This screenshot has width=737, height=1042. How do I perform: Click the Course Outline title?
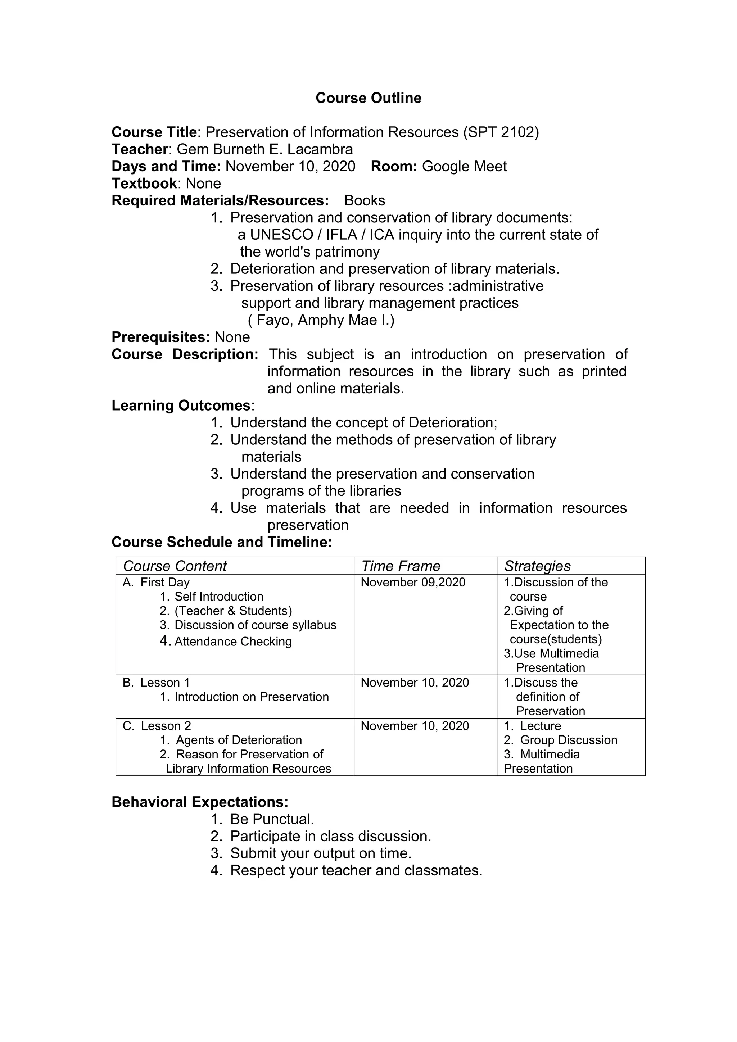click(368, 98)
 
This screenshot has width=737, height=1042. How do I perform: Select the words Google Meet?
click(464, 167)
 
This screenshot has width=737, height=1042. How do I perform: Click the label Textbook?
click(144, 184)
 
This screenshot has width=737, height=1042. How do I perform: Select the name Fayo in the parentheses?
click(275, 320)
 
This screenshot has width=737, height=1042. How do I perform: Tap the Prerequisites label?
click(160, 337)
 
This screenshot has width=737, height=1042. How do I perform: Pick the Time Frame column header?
click(401, 566)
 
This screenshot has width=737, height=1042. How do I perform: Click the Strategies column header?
click(537, 566)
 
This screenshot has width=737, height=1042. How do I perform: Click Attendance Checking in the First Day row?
click(233, 642)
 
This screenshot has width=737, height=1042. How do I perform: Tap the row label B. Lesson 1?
click(156, 683)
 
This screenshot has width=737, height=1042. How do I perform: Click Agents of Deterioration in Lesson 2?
click(239, 740)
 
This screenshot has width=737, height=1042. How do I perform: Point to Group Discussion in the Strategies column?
click(568, 740)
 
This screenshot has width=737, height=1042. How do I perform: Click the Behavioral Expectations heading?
click(200, 802)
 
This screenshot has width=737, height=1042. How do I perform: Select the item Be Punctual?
click(272, 820)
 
